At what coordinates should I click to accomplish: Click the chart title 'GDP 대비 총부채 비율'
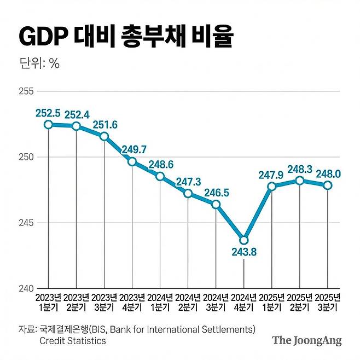click(x=126, y=37)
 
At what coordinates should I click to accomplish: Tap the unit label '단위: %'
click(x=39, y=63)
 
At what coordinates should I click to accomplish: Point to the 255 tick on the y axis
click(x=26, y=91)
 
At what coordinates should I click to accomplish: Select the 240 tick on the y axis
click(x=26, y=288)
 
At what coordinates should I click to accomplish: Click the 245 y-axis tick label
click(x=26, y=223)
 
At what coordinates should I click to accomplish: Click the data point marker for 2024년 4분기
click(x=244, y=240)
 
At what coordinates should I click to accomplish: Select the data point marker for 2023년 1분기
click(x=49, y=124)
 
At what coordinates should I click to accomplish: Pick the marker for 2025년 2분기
click(x=300, y=180)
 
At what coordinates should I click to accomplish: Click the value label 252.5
click(x=49, y=113)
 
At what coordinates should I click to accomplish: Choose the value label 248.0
click(x=328, y=173)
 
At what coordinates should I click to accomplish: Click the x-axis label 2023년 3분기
click(x=104, y=302)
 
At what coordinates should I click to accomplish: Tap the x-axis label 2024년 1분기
click(x=160, y=302)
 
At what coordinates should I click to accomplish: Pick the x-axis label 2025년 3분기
click(x=328, y=302)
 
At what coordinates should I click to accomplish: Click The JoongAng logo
click(x=306, y=340)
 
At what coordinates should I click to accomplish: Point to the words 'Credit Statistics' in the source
click(x=73, y=341)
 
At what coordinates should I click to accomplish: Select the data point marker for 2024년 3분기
click(x=216, y=205)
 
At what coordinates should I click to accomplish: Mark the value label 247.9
click(x=272, y=175)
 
